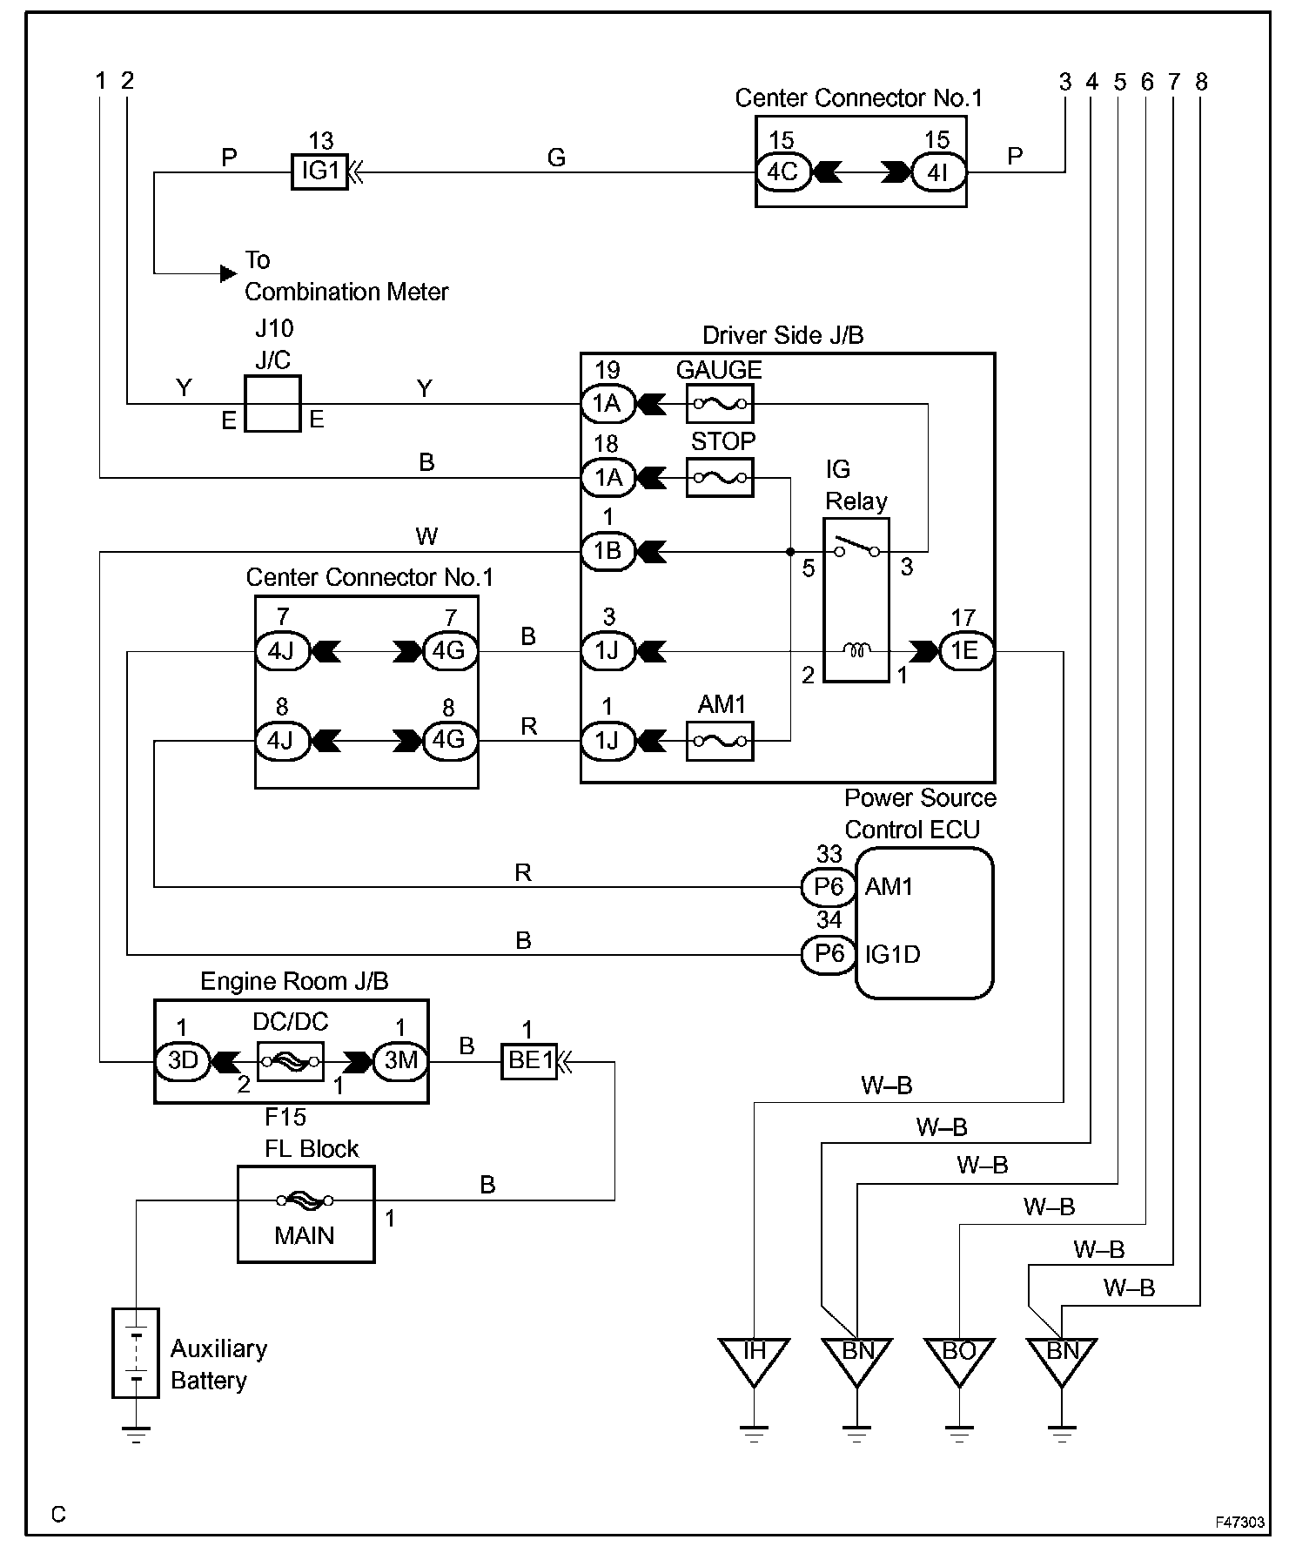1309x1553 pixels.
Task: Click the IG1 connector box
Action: coord(319,171)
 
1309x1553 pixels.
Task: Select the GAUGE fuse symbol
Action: coord(720,404)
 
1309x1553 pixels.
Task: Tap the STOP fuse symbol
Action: coord(720,477)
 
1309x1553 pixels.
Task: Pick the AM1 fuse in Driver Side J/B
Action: coord(720,741)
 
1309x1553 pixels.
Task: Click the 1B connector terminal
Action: coord(608,551)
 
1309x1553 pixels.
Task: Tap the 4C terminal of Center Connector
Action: coord(782,171)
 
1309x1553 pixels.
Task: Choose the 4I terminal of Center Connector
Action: coord(937,172)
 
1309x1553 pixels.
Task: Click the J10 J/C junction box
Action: coord(272,404)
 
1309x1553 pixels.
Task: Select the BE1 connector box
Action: coord(529,1061)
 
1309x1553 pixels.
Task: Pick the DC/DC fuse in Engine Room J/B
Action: coord(291,1061)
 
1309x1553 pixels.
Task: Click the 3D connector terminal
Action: coord(183,1060)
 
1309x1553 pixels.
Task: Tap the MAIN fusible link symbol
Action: coord(305,1200)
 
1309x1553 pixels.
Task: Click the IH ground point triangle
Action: coord(754,1359)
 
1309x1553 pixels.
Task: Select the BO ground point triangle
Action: coord(959,1359)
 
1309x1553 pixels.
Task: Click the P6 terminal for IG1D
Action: coord(829,954)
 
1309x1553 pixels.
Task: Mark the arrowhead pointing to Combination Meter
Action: coord(228,273)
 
